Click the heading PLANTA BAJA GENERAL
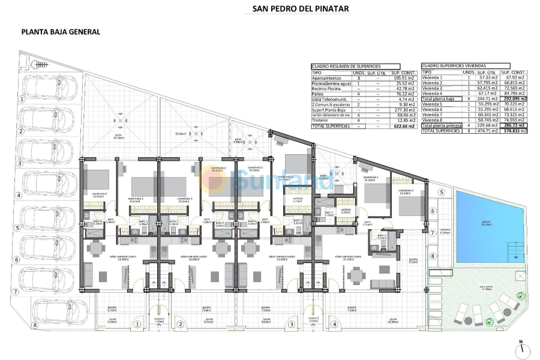click(60, 32)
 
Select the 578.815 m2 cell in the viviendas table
click(515, 130)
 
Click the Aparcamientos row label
click(327, 77)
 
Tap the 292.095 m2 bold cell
click(515, 98)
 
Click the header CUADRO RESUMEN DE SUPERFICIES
click(346, 67)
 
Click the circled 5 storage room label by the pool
click(440, 192)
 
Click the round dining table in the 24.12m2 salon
click(358, 276)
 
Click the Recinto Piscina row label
click(326, 88)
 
